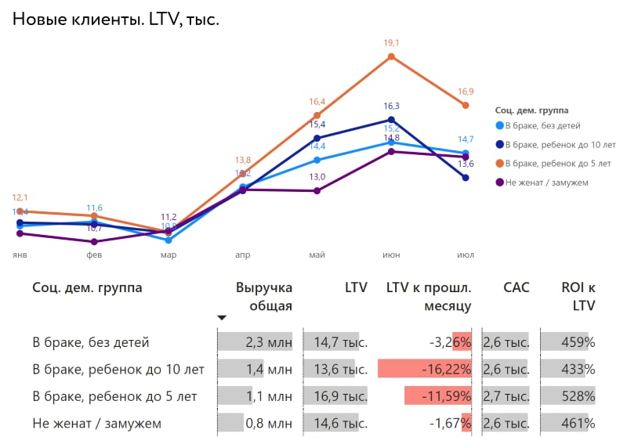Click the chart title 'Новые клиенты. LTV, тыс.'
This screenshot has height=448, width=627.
coord(115,20)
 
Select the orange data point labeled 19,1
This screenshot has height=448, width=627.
coord(391,57)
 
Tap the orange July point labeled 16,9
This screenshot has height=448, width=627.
coord(466,105)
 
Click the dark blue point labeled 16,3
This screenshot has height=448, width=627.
coord(391,120)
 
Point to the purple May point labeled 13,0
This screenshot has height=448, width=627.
coord(317,190)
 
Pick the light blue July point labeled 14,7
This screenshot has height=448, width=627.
coord(466,153)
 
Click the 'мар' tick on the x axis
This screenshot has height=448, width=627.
coord(169,255)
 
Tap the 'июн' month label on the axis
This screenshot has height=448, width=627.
coord(391,255)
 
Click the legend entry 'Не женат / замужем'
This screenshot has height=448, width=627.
coord(546,182)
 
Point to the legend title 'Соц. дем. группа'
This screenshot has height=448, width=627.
coord(532,110)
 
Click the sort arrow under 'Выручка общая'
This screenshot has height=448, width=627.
coord(222,317)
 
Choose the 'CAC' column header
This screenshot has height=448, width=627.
coord(516,287)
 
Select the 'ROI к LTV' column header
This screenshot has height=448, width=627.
coord(578,296)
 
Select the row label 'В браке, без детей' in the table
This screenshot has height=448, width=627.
coord(91,342)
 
